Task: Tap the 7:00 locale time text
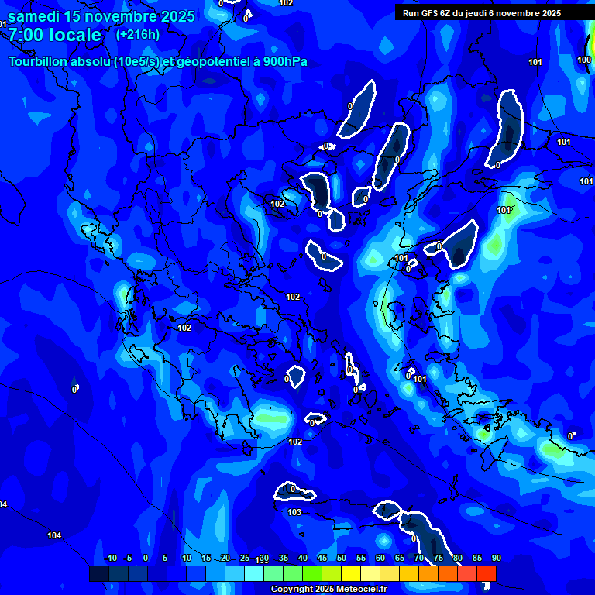(55, 35)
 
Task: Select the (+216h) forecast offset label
(138, 34)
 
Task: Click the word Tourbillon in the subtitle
(40, 61)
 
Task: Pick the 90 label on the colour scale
(496, 559)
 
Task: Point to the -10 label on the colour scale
(110, 559)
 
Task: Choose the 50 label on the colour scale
(341, 559)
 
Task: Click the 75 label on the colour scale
(438, 559)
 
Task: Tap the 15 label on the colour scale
(205, 559)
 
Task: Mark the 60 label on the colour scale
(380, 559)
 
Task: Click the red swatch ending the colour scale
(486, 573)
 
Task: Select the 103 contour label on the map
(294, 513)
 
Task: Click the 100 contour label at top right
(584, 60)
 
